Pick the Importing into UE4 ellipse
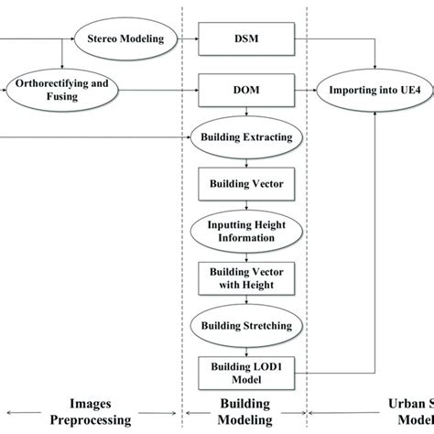(x=375, y=90)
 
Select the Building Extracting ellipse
(x=244, y=138)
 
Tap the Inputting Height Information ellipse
(x=244, y=231)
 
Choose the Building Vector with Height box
(x=244, y=278)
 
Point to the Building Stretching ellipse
(x=244, y=325)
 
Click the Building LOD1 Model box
(x=244, y=372)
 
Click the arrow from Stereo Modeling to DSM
(x=190, y=39)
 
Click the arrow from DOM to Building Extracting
(x=244, y=114)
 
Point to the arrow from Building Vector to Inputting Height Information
(x=244, y=206)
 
